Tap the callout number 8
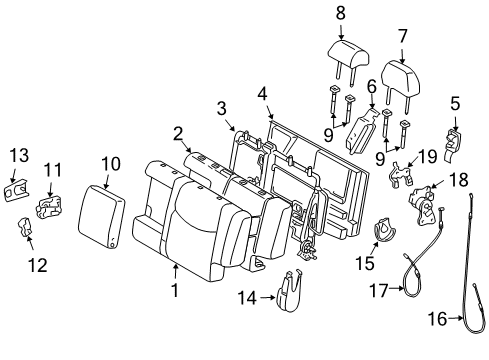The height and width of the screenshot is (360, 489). pyautogui.click(x=339, y=13)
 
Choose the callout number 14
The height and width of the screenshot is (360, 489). pyautogui.click(x=247, y=297)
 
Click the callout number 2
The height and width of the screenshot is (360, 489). pyautogui.click(x=177, y=132)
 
